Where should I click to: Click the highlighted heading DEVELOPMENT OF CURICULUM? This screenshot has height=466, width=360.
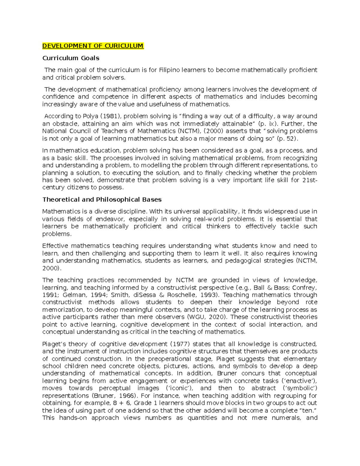click(93, 46)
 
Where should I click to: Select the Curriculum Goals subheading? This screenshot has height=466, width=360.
click(71, 58)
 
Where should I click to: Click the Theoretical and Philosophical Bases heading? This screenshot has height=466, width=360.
click(102, 200)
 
